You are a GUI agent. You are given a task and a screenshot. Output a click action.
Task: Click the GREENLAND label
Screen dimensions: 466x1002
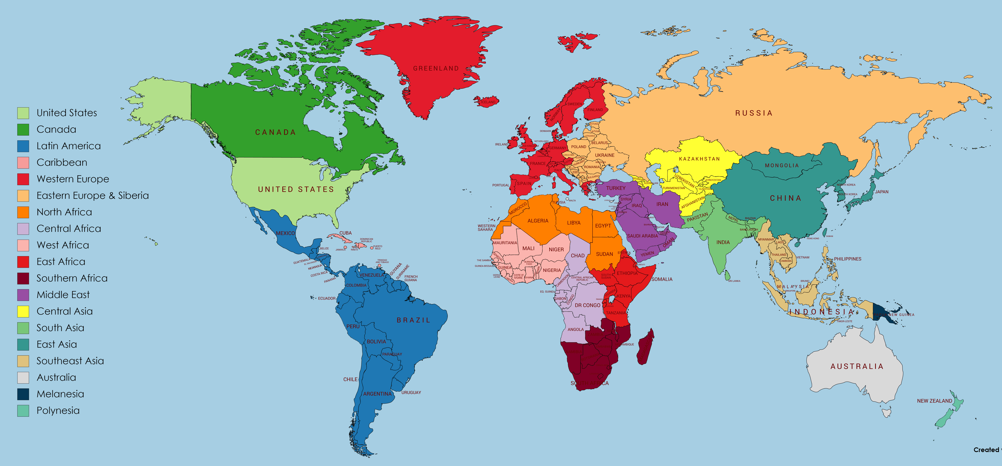tap(436, 68)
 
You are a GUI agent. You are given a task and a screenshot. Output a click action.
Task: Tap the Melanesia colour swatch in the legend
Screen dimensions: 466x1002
tap(23, 394)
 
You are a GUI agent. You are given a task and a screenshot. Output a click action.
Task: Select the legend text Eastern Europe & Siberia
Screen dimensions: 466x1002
tap(93, 195)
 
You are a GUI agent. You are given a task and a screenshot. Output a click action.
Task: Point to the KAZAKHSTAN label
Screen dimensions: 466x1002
tap(699, 159)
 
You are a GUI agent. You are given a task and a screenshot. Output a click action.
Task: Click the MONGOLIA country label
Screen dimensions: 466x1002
tap(782, 166)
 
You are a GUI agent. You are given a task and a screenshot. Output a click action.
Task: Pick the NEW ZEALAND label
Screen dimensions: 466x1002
tap(934, 401)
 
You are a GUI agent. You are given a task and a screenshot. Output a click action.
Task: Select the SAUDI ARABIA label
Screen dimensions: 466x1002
tap(642, 236)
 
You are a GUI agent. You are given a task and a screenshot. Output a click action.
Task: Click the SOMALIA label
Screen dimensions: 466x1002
tap(662, 279)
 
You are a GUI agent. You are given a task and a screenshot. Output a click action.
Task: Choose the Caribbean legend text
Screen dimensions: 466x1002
tap(62, 162)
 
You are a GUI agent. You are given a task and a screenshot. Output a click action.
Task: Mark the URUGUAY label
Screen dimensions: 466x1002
tap(411, 393)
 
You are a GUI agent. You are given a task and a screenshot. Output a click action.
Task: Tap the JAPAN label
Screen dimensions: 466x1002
tap(881, 192)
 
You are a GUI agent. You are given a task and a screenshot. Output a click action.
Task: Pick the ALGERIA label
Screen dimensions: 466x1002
tap(537, 221)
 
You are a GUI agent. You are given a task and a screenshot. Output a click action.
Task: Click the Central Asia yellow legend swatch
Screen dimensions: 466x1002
tap(23, 311)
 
